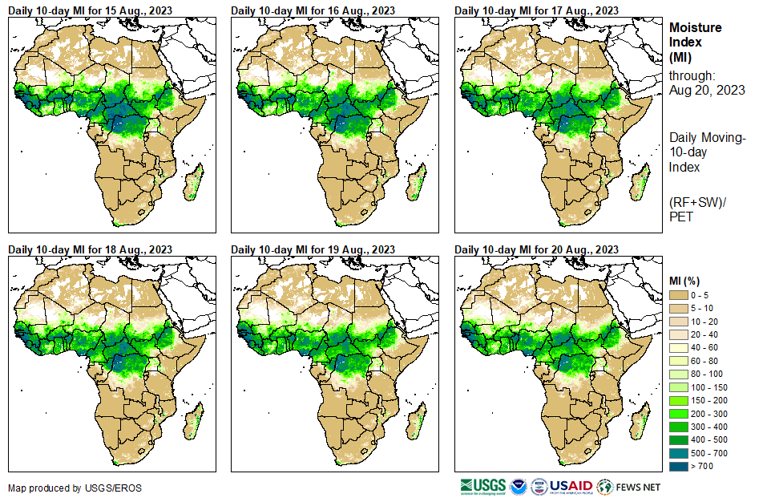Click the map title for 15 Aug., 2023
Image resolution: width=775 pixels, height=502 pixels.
[x=90, y=10]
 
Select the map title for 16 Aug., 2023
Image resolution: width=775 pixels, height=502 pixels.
[x=313, y=10]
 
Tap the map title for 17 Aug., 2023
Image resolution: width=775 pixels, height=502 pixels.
[x=536, y=10]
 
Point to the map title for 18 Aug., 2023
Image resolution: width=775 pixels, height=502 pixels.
[x=90, y=249]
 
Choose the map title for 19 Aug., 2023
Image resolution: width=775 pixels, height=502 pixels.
[x=313, y=249]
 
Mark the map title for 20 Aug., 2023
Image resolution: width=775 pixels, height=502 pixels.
[x=536, y=249]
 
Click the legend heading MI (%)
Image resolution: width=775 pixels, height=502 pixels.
[x=686, y=281]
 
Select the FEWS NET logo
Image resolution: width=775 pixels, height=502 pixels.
[x=628, y=487]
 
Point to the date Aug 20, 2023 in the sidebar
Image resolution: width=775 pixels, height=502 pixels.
[x=707, y=90]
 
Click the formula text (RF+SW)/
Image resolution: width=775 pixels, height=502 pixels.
[x=697, y=200]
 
